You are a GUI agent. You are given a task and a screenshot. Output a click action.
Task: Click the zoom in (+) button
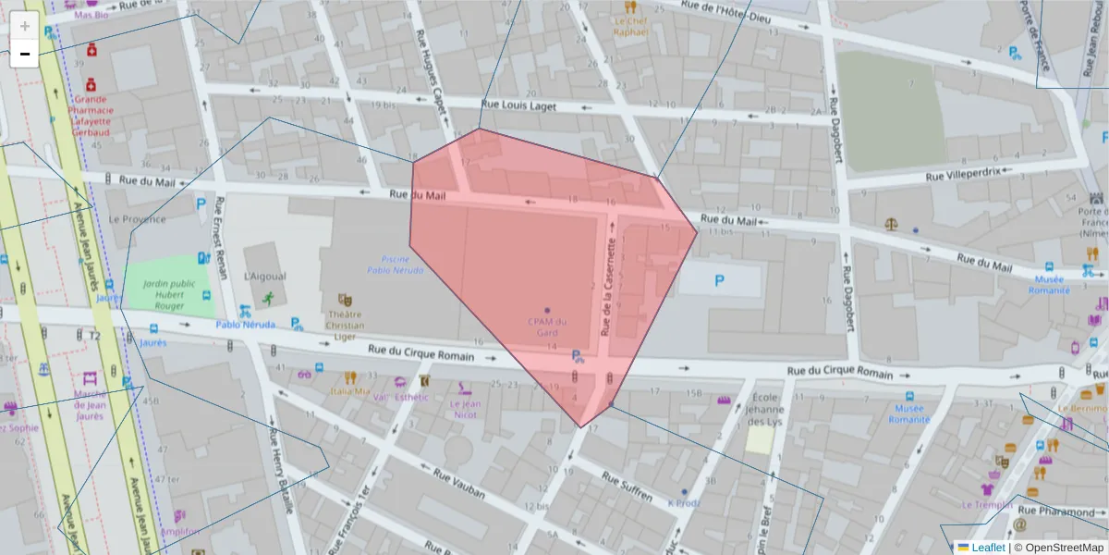(x=25, y=26)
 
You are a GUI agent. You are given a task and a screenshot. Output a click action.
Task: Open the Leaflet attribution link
(x=987, y=548)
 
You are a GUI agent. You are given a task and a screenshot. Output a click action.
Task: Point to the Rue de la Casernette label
(x=609, y=287)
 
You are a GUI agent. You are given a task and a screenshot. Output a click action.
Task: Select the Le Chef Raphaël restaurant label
(x=632, y=25)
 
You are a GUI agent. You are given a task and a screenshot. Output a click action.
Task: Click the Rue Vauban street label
(x=459, y=482)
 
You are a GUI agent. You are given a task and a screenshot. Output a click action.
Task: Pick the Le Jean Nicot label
(x=466, y=409)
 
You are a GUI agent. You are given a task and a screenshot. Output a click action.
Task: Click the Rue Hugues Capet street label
(x=437, y=81)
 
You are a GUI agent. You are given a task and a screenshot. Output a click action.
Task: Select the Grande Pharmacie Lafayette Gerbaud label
(x=91, y=115)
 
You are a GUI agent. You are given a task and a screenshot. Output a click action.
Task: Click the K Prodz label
(x=684, y=503)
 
